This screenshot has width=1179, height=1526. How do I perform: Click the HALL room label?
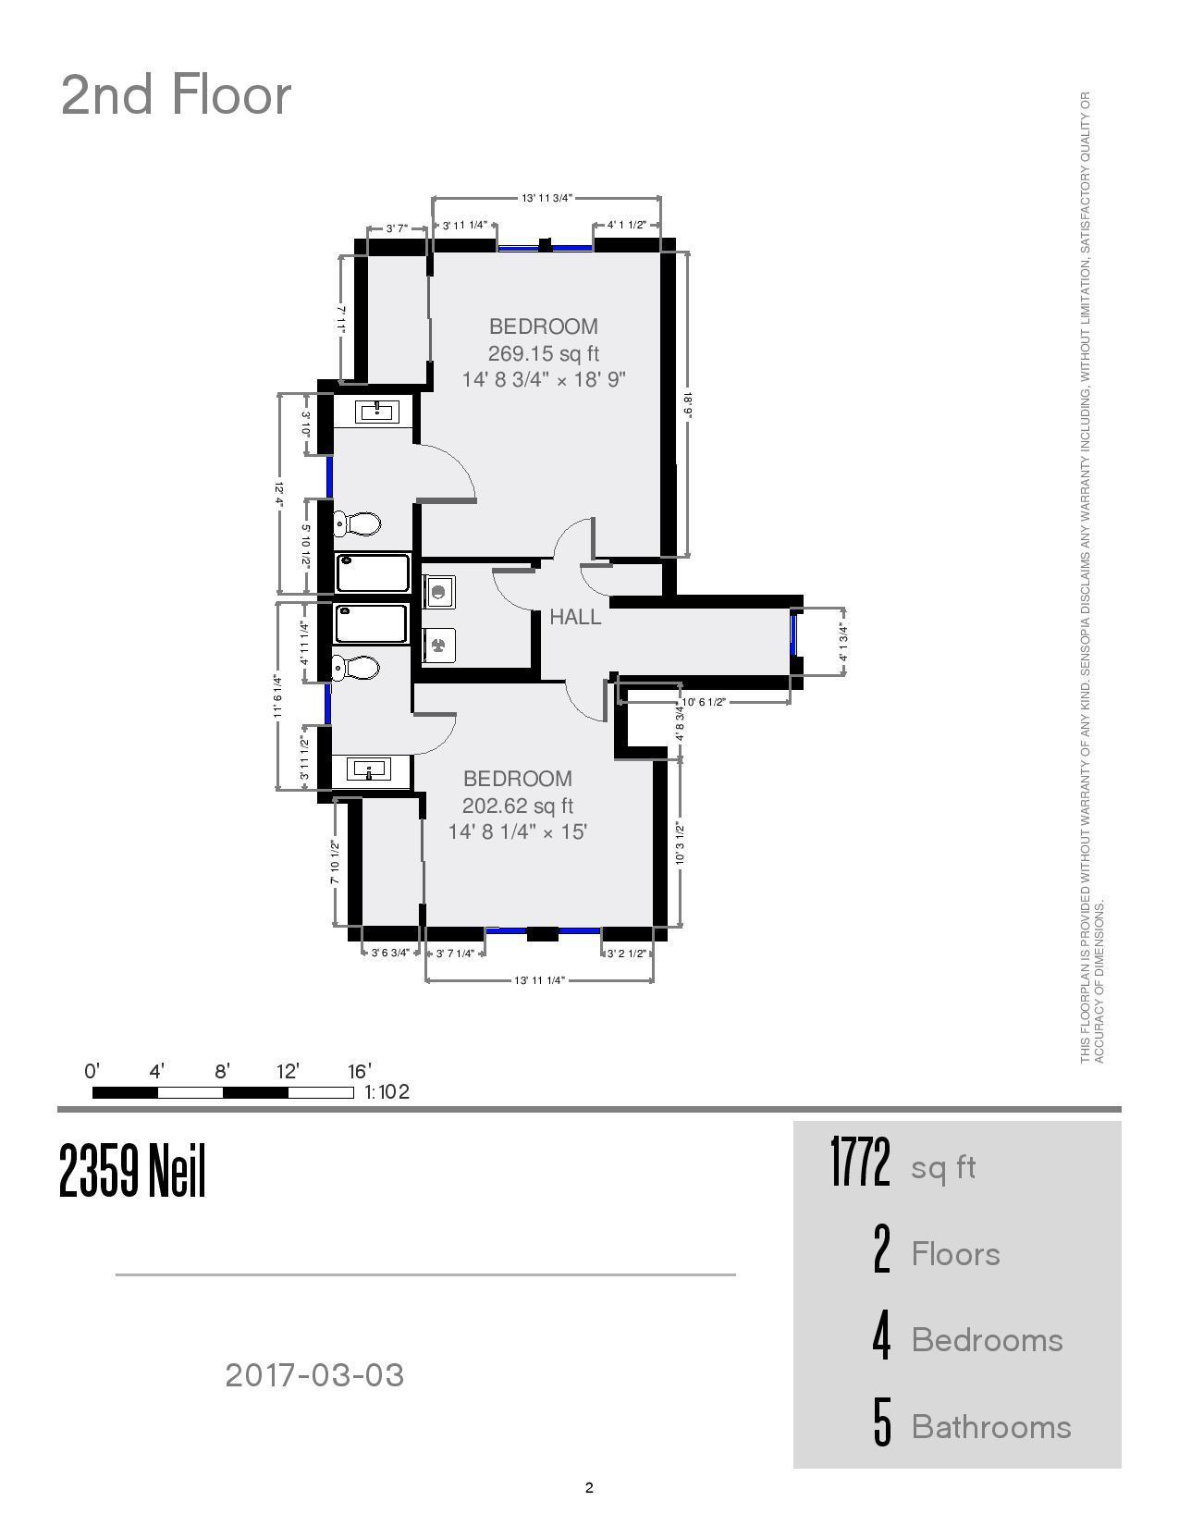[575, 617]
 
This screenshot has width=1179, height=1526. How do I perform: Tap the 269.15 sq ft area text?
[544, 353]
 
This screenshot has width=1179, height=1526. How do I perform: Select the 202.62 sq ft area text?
[518, 806]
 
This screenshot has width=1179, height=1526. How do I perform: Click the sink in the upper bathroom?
[377, 411]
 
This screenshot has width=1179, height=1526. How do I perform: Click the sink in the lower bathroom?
[369, 769]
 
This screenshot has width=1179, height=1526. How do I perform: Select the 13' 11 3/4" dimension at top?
[547, 198]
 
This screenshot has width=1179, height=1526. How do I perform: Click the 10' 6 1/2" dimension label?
[704, 702]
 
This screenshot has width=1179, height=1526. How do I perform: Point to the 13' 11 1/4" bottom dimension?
[539, 980]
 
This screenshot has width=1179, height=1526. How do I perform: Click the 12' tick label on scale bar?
[288, 1072]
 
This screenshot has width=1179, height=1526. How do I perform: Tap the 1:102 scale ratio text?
[387, 1092]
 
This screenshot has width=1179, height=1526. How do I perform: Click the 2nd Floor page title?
[176, 95]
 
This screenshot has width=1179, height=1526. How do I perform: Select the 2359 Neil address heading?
[132, 1171]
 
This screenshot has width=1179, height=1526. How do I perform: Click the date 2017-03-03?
[314, 1375]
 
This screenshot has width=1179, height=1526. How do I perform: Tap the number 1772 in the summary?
[860, 1163]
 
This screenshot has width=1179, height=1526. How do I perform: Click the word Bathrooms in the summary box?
[991, 1427]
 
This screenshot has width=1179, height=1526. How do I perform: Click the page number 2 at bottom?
[589, 1488]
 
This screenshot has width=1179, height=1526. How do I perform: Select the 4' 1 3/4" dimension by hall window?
[842, 643]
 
